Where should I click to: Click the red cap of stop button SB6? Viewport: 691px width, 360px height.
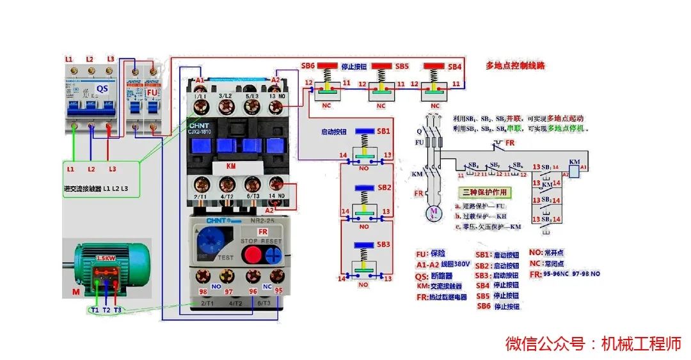point(328,66)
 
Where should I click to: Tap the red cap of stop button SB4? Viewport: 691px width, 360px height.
point(435,66)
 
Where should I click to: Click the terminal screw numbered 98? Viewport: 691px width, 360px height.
point(203,277)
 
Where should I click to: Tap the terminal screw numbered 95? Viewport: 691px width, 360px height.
point(278,277)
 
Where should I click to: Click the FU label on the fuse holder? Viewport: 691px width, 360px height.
point(152,92)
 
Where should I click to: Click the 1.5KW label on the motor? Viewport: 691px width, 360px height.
point(106,258)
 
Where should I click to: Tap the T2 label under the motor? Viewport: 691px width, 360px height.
point(106,309)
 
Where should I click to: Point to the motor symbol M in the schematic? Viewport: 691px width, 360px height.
point(433,211)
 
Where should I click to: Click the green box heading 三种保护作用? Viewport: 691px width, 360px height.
point(484,192)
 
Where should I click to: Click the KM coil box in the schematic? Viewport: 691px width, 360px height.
point(574,170)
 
